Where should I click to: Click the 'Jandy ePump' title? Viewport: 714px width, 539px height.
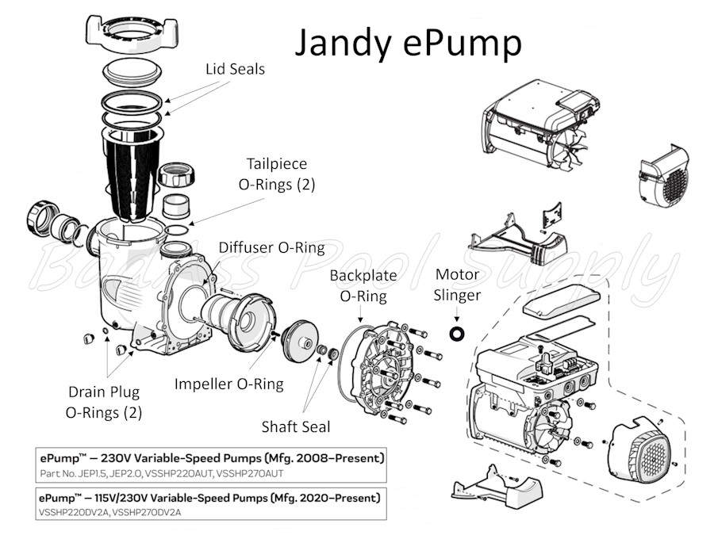point(408,44)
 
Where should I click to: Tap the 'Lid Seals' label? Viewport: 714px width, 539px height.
point(235,69)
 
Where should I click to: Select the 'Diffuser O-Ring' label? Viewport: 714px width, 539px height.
point(272,248)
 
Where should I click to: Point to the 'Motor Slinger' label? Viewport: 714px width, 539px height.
point(457,285)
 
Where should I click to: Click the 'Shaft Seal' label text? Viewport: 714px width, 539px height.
point(296,426)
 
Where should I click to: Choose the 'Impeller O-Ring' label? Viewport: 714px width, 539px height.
point(229,384)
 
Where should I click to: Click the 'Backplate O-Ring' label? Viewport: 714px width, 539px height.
point(363,285)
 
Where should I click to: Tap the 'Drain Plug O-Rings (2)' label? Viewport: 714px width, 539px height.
point(104,402)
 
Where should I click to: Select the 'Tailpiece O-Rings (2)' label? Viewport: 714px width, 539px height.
point(277,174)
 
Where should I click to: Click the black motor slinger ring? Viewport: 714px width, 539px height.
point(457,334)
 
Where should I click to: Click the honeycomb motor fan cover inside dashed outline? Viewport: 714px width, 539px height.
point(641,449)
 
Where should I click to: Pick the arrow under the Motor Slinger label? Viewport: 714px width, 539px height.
point(457,315)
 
